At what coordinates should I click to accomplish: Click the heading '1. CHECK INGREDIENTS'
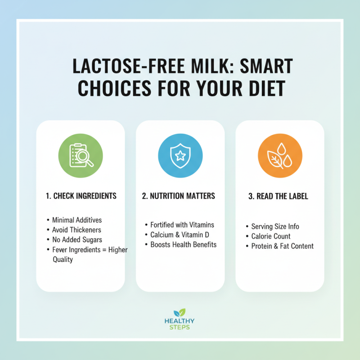coord(81,196)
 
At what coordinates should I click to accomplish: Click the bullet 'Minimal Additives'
coord(77,220)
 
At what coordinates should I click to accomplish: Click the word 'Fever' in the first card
coord(61,250)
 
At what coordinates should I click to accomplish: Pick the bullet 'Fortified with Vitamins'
coord(182,225)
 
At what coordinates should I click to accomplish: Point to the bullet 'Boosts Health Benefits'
coord(183,244)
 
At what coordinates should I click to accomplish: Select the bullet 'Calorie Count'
coord(270,236)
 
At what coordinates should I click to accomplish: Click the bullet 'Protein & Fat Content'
coord(282,246)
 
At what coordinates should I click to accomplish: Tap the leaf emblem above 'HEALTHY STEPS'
coord(180,312)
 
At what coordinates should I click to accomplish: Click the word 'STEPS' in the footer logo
coord(180,327)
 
